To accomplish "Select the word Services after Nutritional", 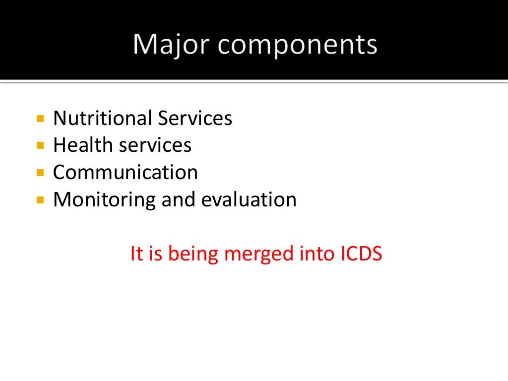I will click(195, 119).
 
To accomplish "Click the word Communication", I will click(126, 173).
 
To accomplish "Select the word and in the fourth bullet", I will click(178, 200).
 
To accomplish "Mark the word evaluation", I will click(249, 200).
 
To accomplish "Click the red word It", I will click(136, 254).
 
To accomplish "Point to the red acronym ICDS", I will click(361, 254).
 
